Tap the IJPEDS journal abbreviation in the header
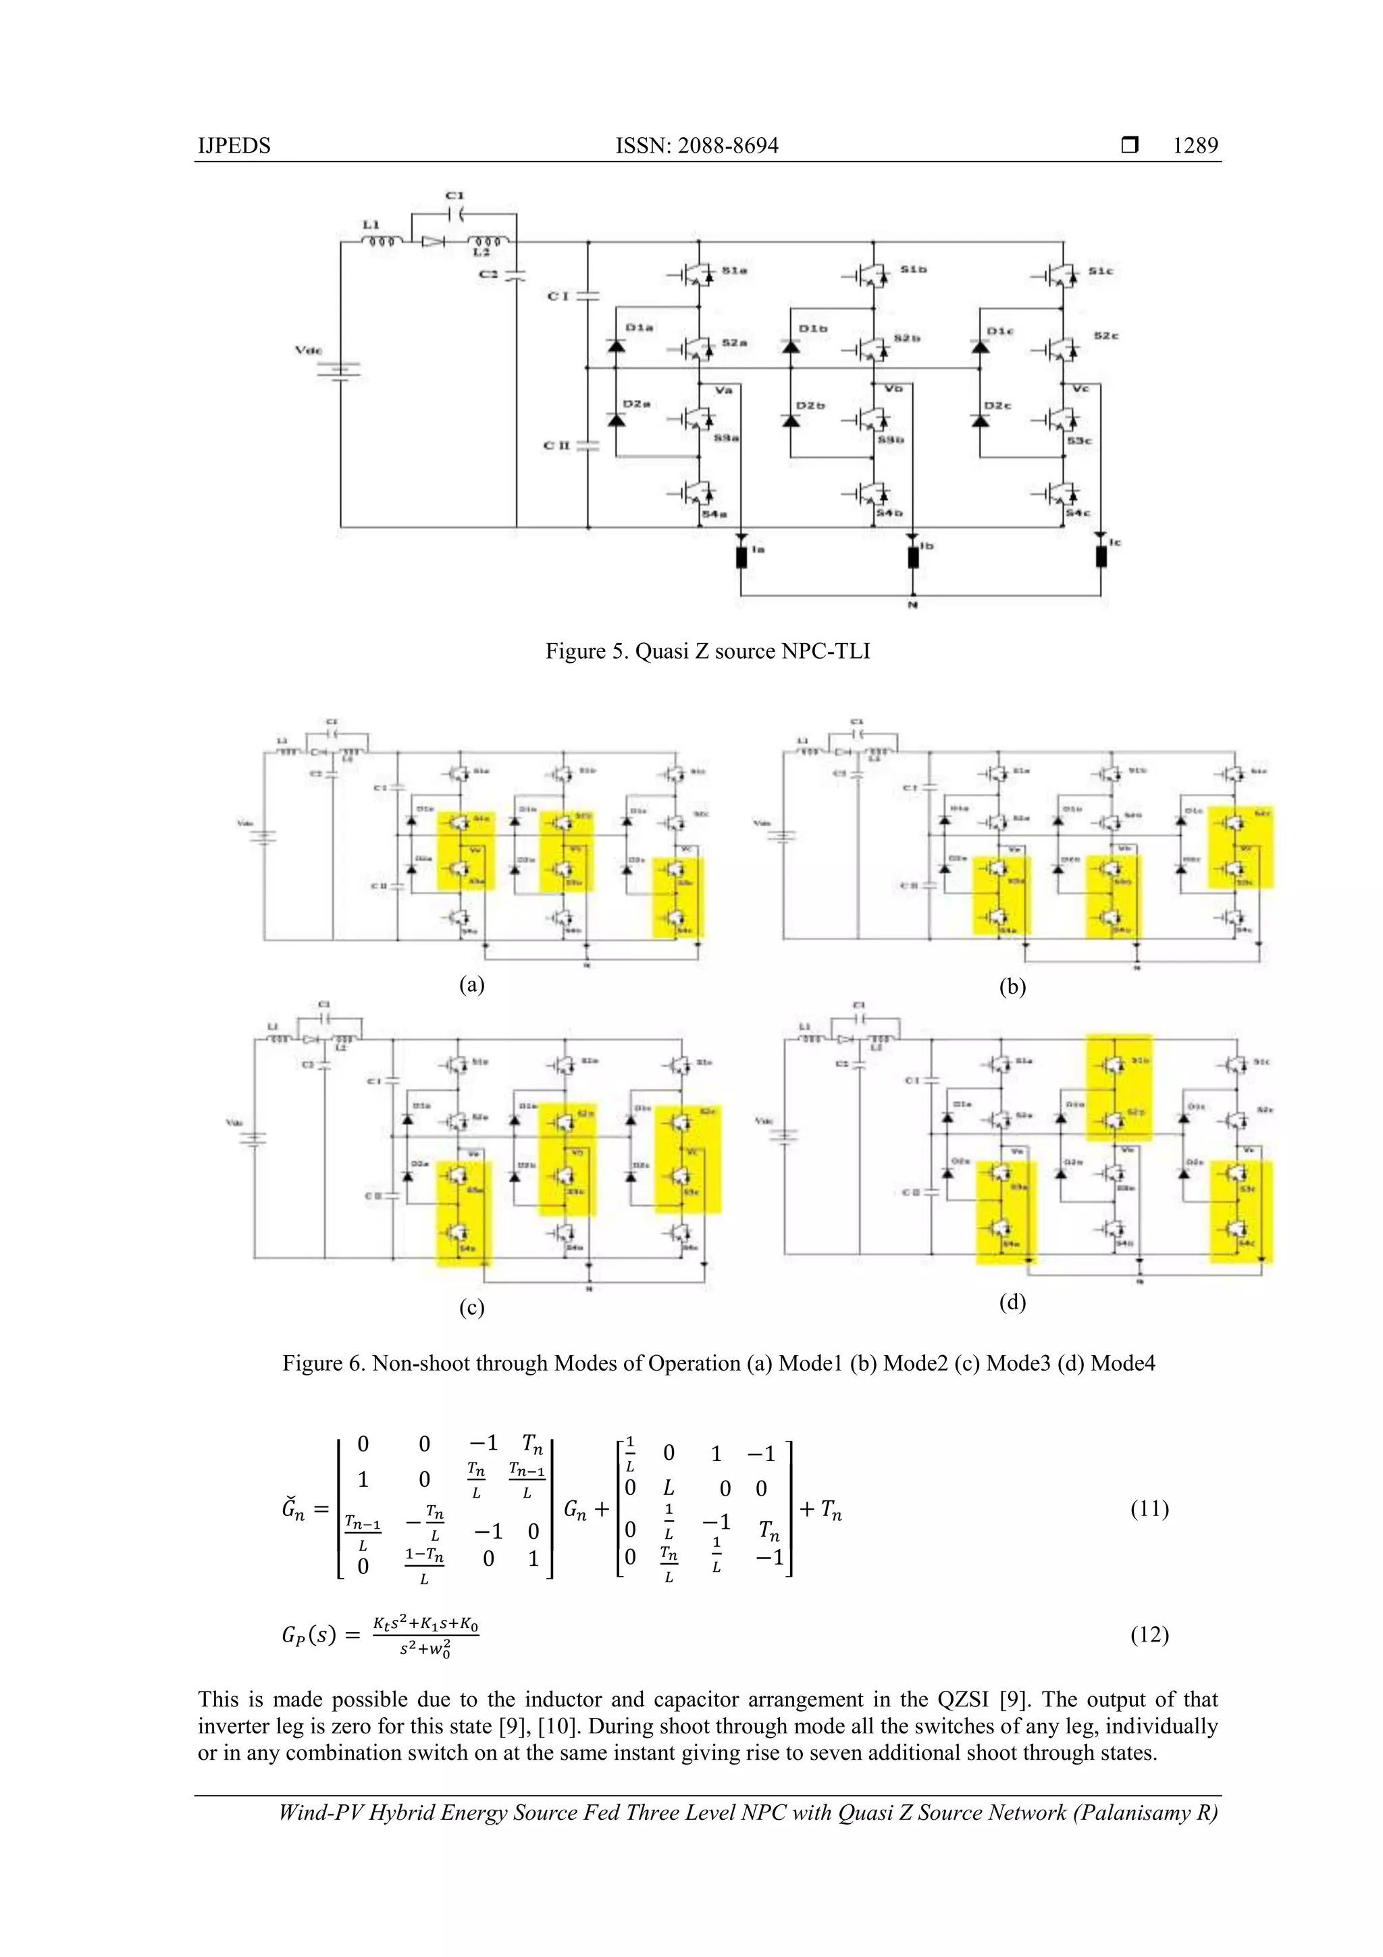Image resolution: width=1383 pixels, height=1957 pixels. click(x=234, y=146)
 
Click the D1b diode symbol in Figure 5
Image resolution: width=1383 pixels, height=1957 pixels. click(x=791, y=346)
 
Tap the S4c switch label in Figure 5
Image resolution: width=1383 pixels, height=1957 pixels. click(x=1077, y=513)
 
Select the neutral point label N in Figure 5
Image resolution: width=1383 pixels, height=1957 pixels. click(x=912, y=605)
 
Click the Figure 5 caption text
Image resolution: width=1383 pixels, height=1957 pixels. click(x=707, y=652)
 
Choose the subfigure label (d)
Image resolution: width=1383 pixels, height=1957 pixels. click(x=1012, y=1302)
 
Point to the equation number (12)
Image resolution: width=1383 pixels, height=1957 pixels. click(x=1149, y=1634)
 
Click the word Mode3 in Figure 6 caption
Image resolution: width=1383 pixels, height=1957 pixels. click(x=1019, y=1364)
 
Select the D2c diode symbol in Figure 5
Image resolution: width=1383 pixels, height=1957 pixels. click(x=980, y=421)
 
